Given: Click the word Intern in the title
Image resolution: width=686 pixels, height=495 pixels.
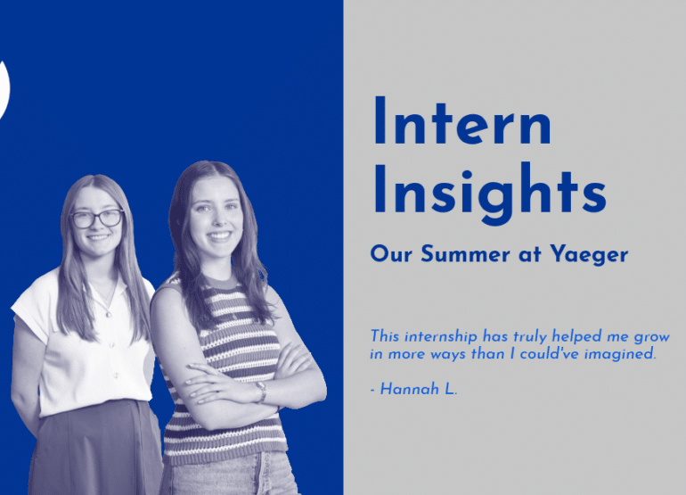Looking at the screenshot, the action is pyautogui.click(x=462, y=120).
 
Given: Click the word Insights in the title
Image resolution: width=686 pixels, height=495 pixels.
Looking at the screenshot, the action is pyautogui.click(x=490, y=194).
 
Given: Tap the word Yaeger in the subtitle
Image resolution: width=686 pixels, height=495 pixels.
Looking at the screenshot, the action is pyautogui.click(x=589, y=254).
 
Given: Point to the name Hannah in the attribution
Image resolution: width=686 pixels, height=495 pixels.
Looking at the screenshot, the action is pyautogui.click(x=410, y=389).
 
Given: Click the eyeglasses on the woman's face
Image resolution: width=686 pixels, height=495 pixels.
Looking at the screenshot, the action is pyautogui.click(x=97, y=219).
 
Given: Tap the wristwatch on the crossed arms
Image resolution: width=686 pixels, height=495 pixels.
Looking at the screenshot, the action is pyautogui.click(x=261, y=392).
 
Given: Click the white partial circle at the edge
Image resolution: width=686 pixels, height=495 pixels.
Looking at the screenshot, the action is pyautogui.click(x=4, y=90).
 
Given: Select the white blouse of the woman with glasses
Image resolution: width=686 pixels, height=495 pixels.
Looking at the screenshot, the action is pyautogui.click(x=87, y=342).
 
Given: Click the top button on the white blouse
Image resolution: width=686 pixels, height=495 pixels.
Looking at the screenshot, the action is pyautogui.click(x=109, y=315).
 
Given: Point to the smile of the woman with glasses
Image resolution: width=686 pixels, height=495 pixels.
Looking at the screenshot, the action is pyautogui.click(x=98, y=237).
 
